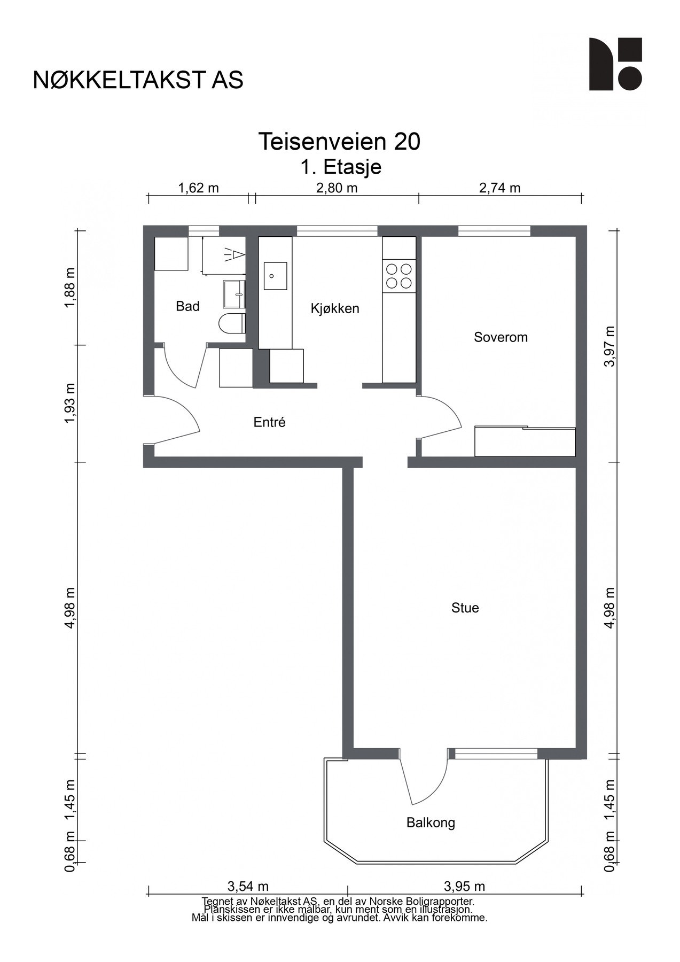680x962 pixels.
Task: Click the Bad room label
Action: (x=187, y=306)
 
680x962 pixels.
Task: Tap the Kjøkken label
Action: (x=335, y=308)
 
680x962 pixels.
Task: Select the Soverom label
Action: (x=501, y=337)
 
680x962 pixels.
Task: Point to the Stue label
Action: (x=465, y=608)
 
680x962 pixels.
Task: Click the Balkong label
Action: (x=431, y=823)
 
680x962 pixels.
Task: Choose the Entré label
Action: (x=269, y=422)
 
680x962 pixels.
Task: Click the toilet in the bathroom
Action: (x=232, y=324)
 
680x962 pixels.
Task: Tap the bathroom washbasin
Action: (x=234, y=294)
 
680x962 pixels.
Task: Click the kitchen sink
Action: (x=275, y=276)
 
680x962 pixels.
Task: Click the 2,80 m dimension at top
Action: (x=337, y=188)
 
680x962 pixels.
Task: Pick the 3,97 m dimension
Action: (x=609, y=346)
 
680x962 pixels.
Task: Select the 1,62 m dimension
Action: (x=198, y=188)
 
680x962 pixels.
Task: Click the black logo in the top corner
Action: (x=615, y=64)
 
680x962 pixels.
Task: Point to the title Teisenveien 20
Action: (x=339, y=142)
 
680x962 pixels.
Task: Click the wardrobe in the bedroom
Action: (x=525, y=441)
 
